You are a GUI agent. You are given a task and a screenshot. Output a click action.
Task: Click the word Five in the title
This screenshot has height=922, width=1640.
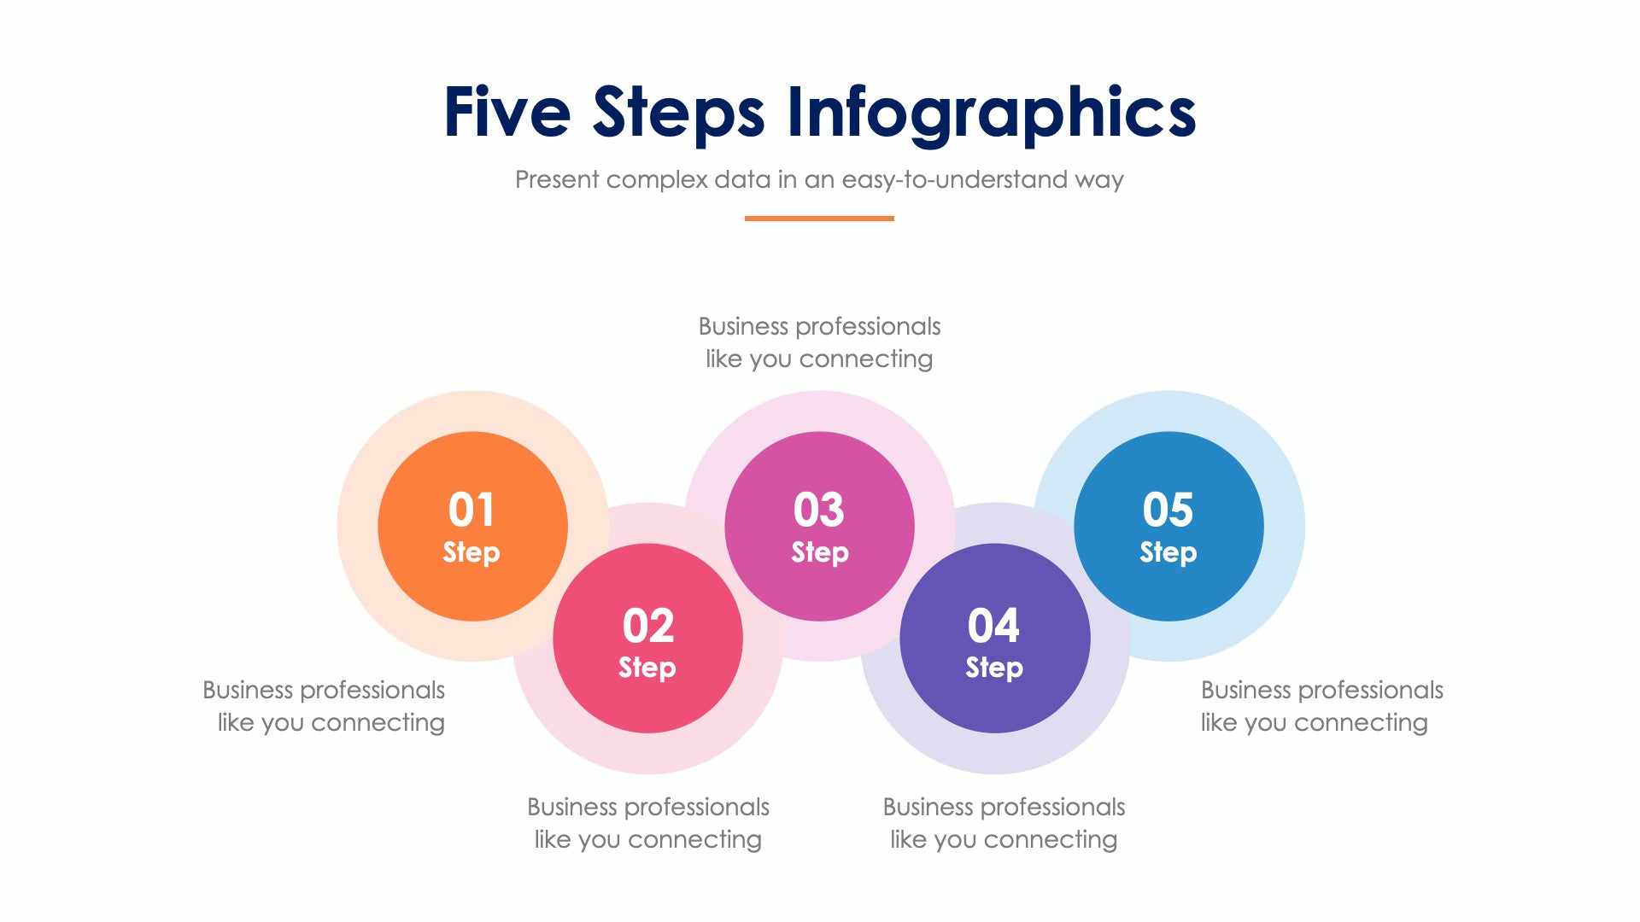point(507,112)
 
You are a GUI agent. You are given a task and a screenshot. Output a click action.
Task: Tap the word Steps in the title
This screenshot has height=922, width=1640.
point(678,112)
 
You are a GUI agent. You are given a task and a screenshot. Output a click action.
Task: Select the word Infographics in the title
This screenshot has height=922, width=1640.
point(991,112)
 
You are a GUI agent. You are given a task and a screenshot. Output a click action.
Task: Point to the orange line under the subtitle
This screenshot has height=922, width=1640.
point(819,219)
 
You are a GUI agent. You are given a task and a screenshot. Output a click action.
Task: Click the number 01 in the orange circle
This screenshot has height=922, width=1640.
point(471,510)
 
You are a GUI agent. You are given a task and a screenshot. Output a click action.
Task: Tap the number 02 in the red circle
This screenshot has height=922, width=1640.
point(648,626)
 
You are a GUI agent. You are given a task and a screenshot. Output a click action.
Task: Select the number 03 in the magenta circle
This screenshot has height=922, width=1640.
point(819,510)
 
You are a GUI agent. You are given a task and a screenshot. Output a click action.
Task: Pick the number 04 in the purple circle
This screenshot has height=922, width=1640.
point(993,626)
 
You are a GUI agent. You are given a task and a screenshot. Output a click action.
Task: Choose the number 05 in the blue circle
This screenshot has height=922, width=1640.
point(1168,510)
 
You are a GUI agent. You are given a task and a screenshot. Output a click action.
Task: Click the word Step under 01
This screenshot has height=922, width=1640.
point(471,552)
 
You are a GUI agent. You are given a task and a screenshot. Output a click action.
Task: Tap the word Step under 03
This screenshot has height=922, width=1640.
point(820,552)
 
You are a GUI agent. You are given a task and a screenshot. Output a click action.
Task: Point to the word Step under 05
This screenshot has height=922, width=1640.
point(1168,552)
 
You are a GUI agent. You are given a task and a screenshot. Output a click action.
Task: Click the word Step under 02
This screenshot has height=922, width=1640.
point(647,668)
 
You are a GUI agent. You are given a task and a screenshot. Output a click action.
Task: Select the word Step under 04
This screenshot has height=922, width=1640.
point(994,668)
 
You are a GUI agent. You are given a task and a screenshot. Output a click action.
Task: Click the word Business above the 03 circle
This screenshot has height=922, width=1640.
point(743,326)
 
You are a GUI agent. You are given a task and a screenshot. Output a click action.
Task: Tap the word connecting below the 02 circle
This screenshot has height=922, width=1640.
point(694,840)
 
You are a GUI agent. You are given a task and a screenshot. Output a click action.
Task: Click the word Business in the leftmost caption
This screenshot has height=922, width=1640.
point(248,690)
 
